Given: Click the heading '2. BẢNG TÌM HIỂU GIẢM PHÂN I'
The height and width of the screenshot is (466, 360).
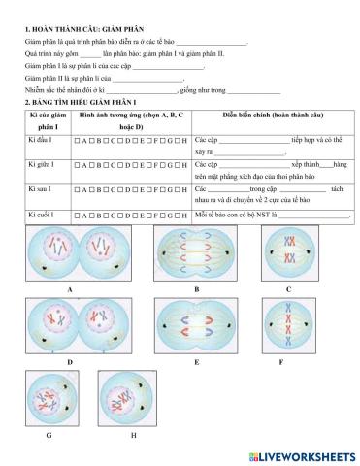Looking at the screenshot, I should tap(71, 102).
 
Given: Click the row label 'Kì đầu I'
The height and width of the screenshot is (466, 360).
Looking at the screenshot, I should tap(36, 141).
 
